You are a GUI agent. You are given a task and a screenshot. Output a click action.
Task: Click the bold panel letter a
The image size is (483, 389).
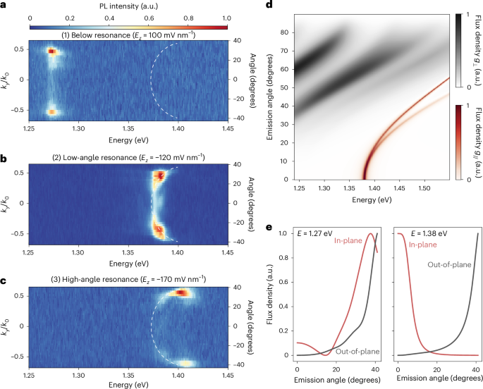[4, 5]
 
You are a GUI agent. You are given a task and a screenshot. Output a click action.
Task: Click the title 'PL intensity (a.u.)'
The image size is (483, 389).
[131, 6]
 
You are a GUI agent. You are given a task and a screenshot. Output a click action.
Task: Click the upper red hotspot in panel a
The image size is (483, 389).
[51, 51]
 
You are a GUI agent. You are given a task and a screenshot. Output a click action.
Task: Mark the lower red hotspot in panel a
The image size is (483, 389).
[51, 111]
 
